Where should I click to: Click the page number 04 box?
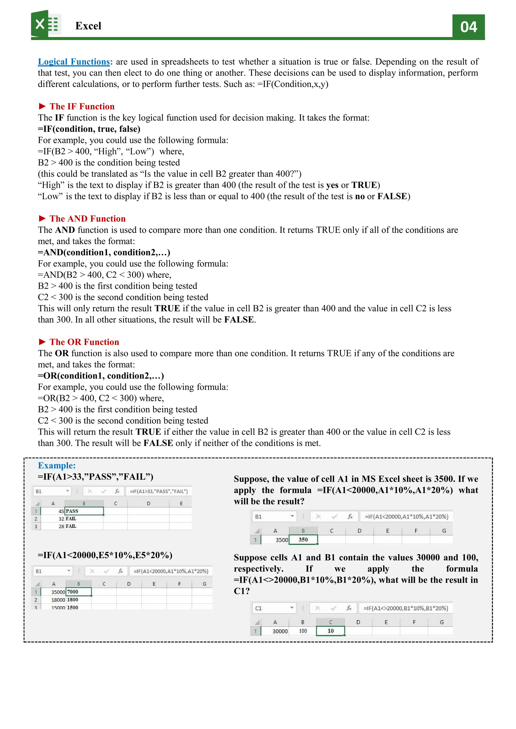(468, 27)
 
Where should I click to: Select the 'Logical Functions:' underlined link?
(75, 62)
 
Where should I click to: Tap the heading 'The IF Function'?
(82, 106)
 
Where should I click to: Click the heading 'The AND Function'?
(87, 218)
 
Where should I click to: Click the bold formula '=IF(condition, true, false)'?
(89, 129)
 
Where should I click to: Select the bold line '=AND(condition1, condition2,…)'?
(104, 252)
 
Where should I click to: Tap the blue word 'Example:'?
(57, 465)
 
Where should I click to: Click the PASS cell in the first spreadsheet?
(84, 511)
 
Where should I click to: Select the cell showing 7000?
(78, 592)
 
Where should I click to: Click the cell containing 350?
(303, 539)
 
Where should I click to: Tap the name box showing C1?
(273, 608)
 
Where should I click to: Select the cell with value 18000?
(58, 600)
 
